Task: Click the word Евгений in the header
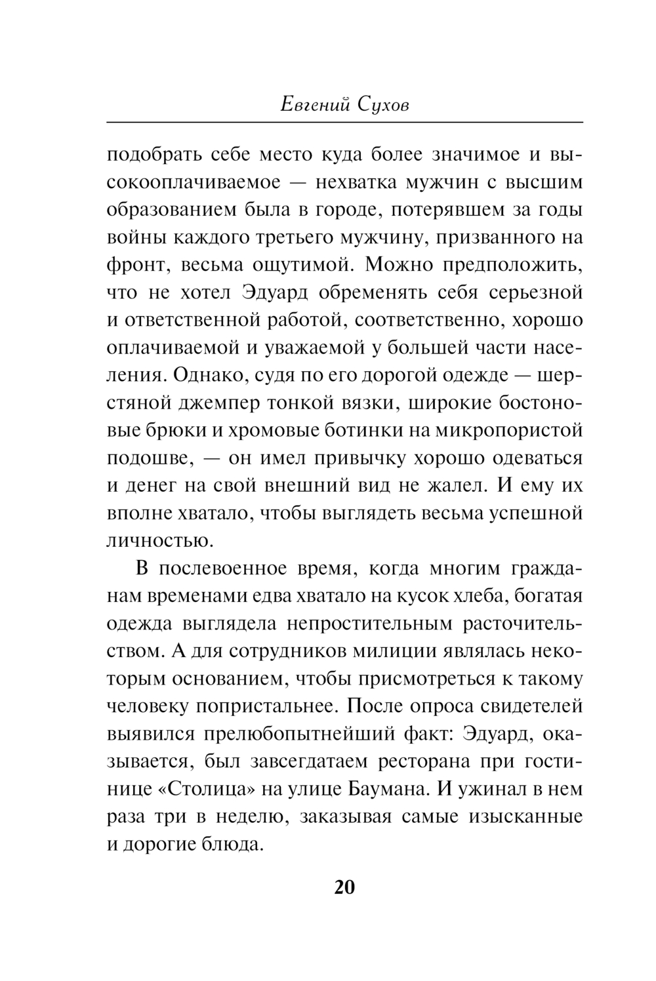(x=315, y=105)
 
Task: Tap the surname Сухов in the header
(x=384, y=105)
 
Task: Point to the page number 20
(x=344, y=887)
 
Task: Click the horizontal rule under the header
(x=344, y=122)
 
